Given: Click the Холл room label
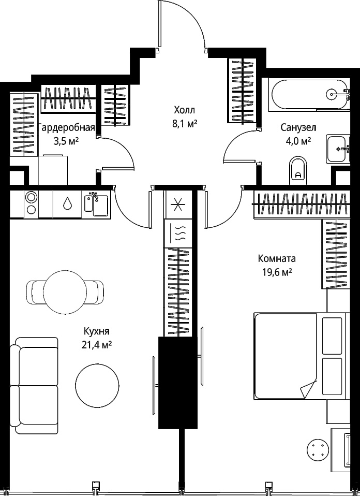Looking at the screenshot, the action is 185,110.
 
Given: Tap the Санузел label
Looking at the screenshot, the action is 298,127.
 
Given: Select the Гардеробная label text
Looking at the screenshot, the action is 66,128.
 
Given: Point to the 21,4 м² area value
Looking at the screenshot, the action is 97,345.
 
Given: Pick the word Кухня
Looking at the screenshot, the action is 97,331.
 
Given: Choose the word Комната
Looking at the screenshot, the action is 277,259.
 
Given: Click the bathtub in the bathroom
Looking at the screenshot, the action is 309,94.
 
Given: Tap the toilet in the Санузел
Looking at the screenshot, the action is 298,170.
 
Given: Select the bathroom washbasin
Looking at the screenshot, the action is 338,149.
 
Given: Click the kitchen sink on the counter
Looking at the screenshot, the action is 96,204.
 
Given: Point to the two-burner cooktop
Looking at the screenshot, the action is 31,204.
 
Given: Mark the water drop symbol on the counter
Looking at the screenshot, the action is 67,203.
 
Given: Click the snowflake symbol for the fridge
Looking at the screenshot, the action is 178,204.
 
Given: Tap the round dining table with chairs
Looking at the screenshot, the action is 65,292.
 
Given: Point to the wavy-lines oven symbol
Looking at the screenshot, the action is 178,233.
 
